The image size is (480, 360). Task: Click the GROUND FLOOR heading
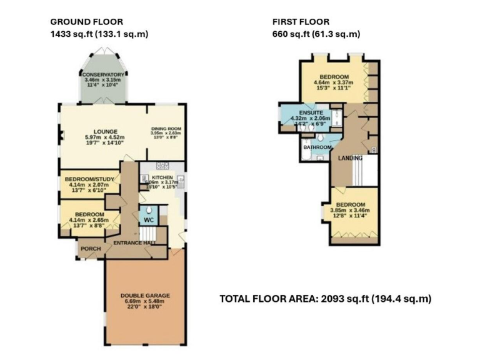tap(86, 22)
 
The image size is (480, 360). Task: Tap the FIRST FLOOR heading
tap(301, 22)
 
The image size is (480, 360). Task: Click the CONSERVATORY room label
tap(104, 75)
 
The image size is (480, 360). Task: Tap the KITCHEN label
tap(162, 178)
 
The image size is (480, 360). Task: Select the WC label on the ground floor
tap(149, 220)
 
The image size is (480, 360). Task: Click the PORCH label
tap(89, 247)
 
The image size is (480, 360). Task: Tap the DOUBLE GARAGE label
tap(144, 296)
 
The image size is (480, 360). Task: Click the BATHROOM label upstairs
tap(316, 147)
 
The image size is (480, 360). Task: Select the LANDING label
tap(350, 159)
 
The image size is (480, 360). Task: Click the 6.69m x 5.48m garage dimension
tap(144, 302)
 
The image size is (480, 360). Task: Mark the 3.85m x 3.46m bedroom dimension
tap(349, 211)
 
